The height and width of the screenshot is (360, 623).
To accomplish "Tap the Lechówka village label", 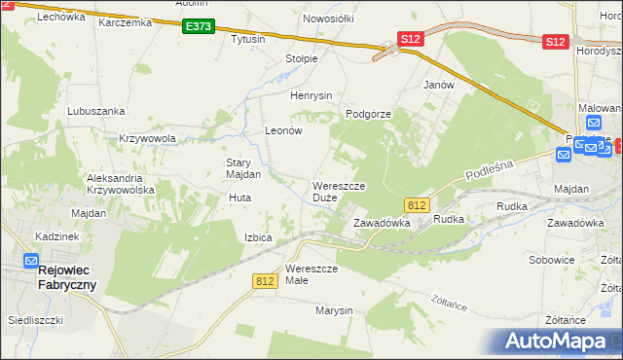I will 37,17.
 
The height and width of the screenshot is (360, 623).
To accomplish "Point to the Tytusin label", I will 247,40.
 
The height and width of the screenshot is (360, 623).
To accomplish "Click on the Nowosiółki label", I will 327,18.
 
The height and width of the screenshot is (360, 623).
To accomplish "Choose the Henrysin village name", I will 311,95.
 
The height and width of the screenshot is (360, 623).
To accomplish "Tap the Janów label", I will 439,85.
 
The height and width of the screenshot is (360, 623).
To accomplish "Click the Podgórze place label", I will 368,114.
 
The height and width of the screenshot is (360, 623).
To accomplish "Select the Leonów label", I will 285,130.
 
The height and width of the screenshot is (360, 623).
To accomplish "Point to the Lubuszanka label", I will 92,111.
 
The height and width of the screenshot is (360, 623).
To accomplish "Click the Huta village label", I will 239,198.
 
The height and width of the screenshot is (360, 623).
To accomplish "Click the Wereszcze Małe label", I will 311,274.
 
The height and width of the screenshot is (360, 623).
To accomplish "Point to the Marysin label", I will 332,310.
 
